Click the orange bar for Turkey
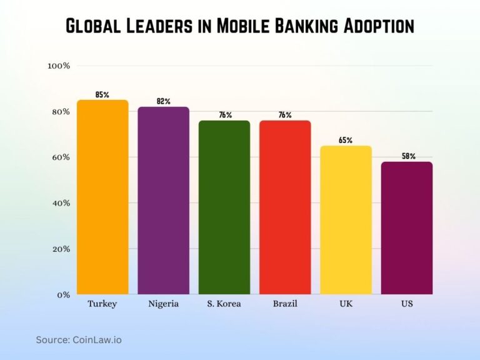(x=102, y=197)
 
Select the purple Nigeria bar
(x=163, y=200)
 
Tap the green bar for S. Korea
(x=224, y=207)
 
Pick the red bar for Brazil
(x=285, y=207)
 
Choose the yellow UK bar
(x=346, y=219)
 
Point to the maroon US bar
(x=406, y=227)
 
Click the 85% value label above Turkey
(x=102, y=94)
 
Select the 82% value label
(x=163, y=101)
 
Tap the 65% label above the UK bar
(x=346, y=140)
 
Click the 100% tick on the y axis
(x=59, y=66)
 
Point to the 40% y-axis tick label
(x=60, y=203)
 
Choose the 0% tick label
(x=62, y=294)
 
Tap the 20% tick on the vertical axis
(x=60, y=249)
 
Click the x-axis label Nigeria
(x=163, y=304)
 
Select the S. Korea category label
(x=224, y=304)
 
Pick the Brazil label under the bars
(x=285, y=304)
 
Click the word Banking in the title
(x=277, y=26)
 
